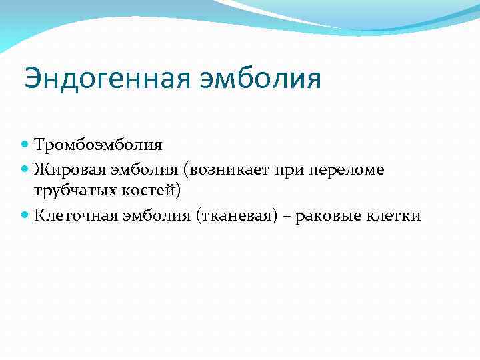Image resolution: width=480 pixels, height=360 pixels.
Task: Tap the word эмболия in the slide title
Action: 261,78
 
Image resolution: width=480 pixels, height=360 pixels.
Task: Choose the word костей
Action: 148,191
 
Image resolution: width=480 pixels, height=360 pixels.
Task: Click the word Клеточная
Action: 74,215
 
